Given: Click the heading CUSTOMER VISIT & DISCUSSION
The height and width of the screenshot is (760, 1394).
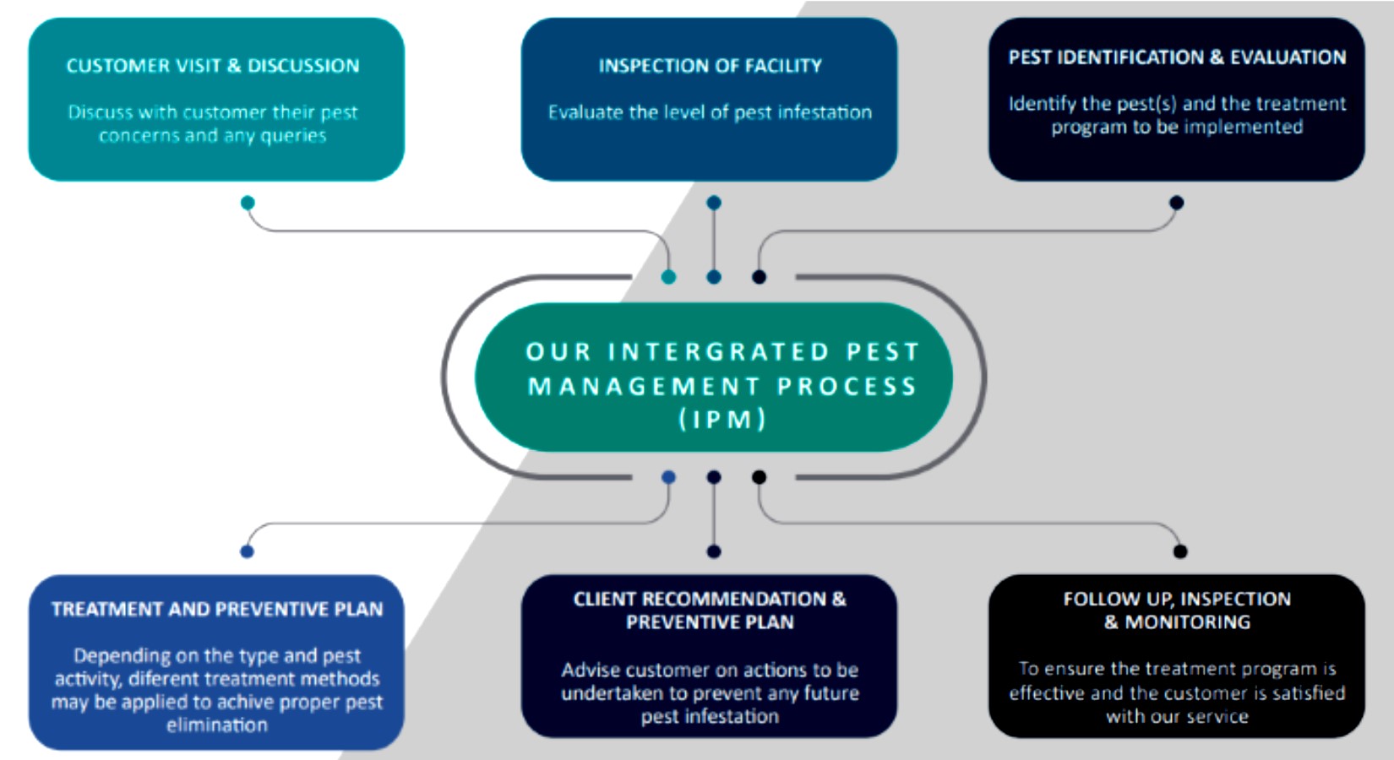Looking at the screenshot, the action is pyautogui.click(x=213, y=66).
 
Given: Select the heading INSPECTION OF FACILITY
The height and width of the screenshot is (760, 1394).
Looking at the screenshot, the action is pyautogui.click(x=710, y=66).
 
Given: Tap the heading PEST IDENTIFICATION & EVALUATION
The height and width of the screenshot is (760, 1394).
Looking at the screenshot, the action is pyautogui.click(x=1177, y=57).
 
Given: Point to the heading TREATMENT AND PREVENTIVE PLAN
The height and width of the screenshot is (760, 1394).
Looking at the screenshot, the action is pyautogui.click(x=216, y=609).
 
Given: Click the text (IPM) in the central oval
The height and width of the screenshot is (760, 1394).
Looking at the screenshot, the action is pyautogui.click(x=722, y=420).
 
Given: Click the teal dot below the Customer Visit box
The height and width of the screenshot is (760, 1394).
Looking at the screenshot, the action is pyautogui.click(x=248, y=203).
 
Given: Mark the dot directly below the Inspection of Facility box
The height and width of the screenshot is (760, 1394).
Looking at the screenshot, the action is pyautogui.click(x=714, y=203).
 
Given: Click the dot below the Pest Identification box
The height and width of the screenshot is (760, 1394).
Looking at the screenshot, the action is pyautogui.click(x=1176, y=203).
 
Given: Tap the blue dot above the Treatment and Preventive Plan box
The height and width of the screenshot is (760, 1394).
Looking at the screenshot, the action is pyautogui.click(x=247, y=551).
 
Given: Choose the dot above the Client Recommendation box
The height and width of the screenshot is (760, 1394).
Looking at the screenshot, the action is pyautogui.click(x=714, y=551).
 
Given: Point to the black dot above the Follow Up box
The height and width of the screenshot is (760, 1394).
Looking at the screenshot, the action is pyautogui.click(x=1180, y=551).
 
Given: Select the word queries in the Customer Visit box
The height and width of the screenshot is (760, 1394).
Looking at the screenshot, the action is pyautogui.click(x=293, y=136).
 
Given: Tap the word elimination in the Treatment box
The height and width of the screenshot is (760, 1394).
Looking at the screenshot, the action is pyautogui.click(x=216, y=725).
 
